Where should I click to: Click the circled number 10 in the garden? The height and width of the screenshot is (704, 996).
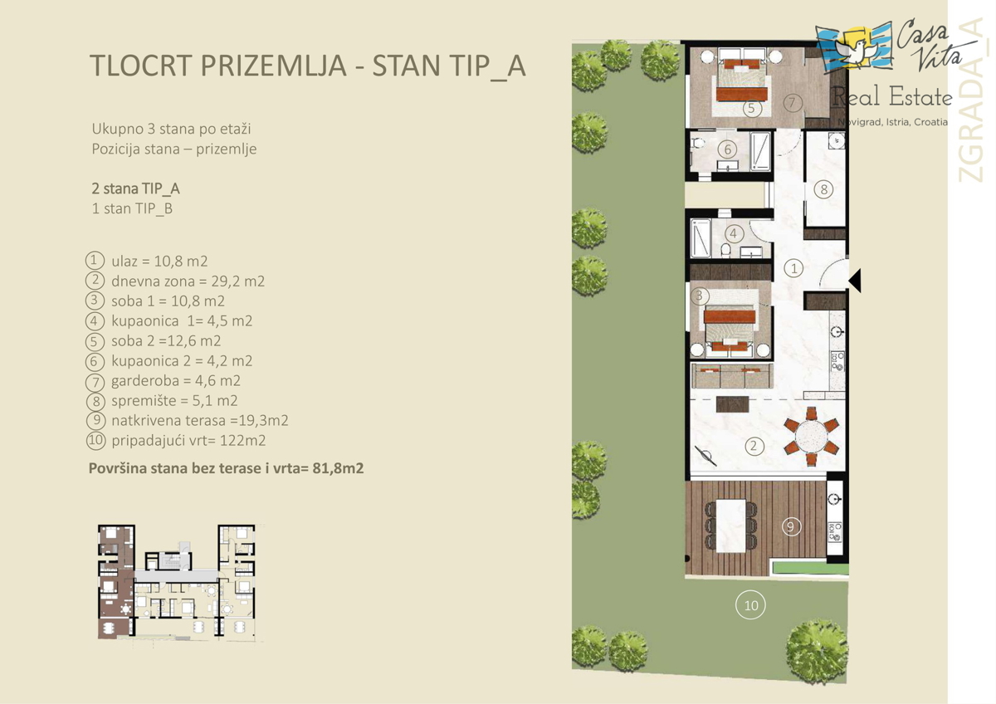750,605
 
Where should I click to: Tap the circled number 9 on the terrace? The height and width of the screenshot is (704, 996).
791,526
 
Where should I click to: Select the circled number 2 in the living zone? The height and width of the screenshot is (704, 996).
754,446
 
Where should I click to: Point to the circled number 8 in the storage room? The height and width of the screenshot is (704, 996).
823,189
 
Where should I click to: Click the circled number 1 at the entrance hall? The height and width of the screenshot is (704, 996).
793,268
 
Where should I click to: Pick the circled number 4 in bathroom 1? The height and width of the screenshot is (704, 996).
733,233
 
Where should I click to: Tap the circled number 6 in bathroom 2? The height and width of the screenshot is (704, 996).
728,149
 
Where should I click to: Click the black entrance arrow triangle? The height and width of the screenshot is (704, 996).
856,281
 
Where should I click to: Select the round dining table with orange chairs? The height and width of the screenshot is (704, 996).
812,437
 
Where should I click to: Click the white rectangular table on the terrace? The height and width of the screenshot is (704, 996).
730,526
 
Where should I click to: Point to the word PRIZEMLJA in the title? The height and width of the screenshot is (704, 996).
273,66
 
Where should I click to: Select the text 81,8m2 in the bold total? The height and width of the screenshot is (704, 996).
338,468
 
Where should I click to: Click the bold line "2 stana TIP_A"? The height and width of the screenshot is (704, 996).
135,188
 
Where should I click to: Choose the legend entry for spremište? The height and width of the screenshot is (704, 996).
161,401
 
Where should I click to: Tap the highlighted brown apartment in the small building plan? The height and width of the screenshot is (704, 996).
115,582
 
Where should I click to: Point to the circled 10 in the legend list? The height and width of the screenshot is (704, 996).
95,440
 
